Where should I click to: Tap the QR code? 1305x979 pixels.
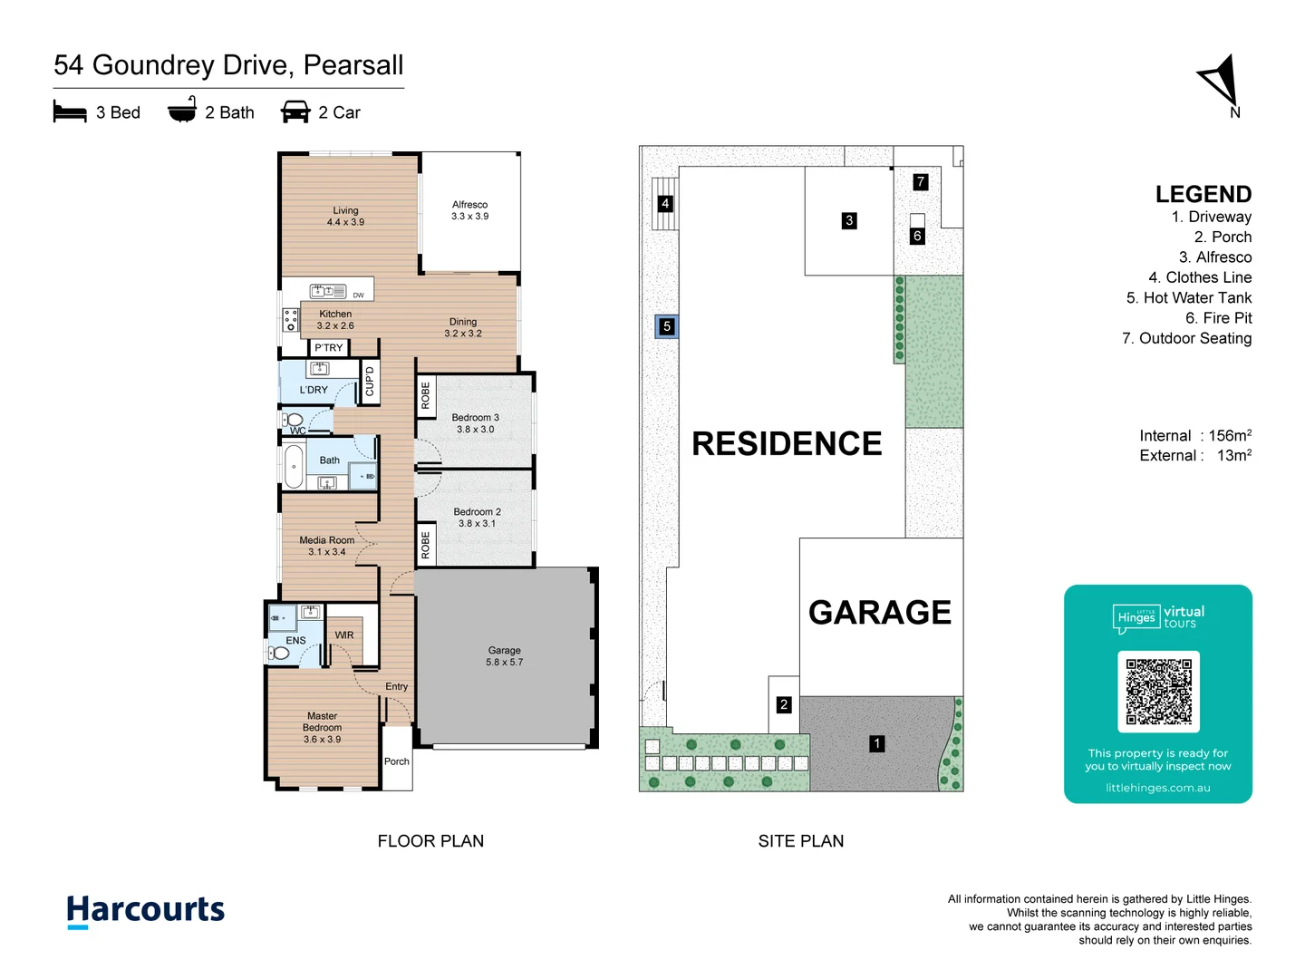(1158, 692)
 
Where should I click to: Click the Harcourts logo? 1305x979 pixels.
(145, 910)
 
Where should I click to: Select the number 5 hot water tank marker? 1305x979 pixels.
(667, 326)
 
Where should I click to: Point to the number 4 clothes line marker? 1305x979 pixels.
(665, 204)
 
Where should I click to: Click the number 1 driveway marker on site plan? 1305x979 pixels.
(876, 743)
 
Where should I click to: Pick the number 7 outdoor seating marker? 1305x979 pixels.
(920, 181)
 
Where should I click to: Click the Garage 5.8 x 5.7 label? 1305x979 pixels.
(504, 656)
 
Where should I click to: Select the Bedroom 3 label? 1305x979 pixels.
(475, 423)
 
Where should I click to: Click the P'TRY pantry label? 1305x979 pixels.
(329, 348)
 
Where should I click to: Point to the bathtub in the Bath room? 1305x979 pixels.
(294, 467)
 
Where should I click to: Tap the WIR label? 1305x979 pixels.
(344, 635)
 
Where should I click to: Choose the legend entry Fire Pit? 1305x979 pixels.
(1218, 318)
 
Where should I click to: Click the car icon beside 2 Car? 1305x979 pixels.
(295, 111)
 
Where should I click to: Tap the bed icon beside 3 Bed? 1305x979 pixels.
(70, 111)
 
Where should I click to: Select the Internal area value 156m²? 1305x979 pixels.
(1230, 436)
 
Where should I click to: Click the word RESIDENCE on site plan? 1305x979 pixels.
(787, 444)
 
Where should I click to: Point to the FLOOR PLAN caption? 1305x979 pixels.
(430, 841)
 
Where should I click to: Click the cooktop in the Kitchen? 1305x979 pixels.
(290, 320)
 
